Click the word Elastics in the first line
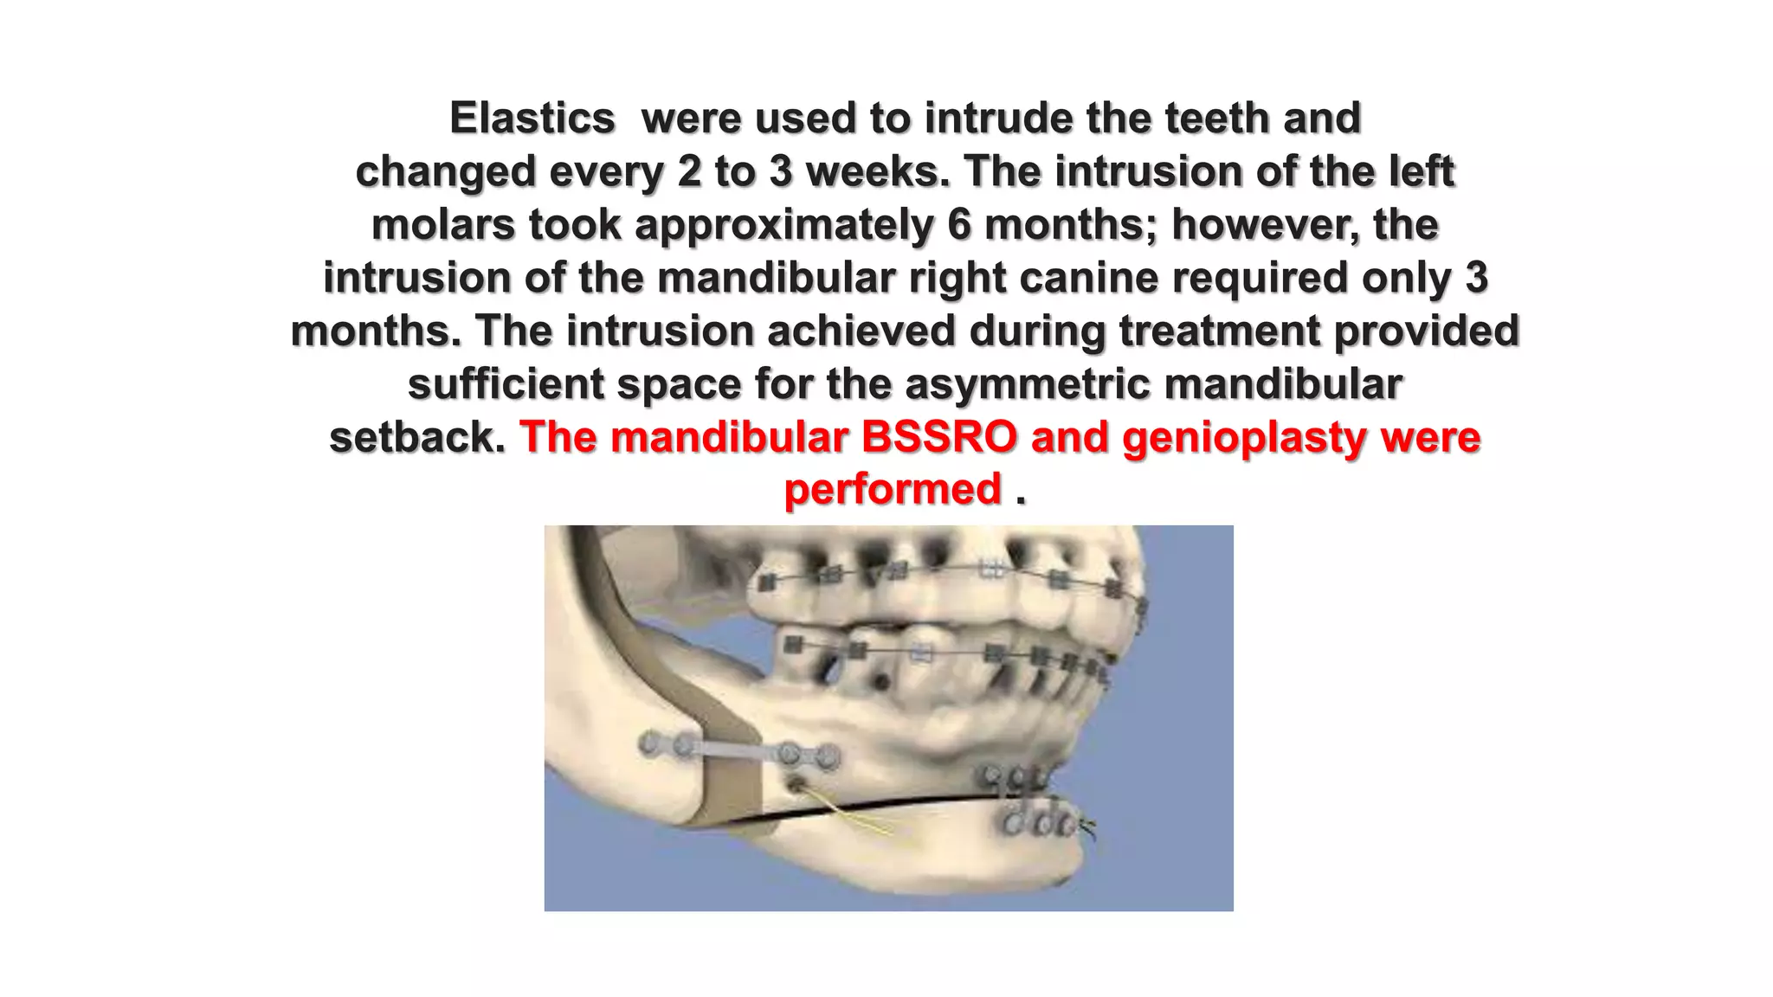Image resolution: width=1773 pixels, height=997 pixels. (532, 119)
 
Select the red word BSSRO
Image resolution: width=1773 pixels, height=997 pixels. (938, 437)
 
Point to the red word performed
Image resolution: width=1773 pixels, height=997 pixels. (893, 490)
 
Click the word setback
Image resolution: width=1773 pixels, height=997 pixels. (416, 437)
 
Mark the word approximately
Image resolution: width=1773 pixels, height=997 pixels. (784, 225)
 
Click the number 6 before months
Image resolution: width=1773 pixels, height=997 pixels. (959, 225)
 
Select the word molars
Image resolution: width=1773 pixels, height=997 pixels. (443, 225)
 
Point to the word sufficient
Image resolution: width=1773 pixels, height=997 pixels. (506, 384)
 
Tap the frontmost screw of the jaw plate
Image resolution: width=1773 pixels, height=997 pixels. (828, 756)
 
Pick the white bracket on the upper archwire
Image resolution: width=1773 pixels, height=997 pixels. (992, 569)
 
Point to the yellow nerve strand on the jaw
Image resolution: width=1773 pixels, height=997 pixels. (853, 815)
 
